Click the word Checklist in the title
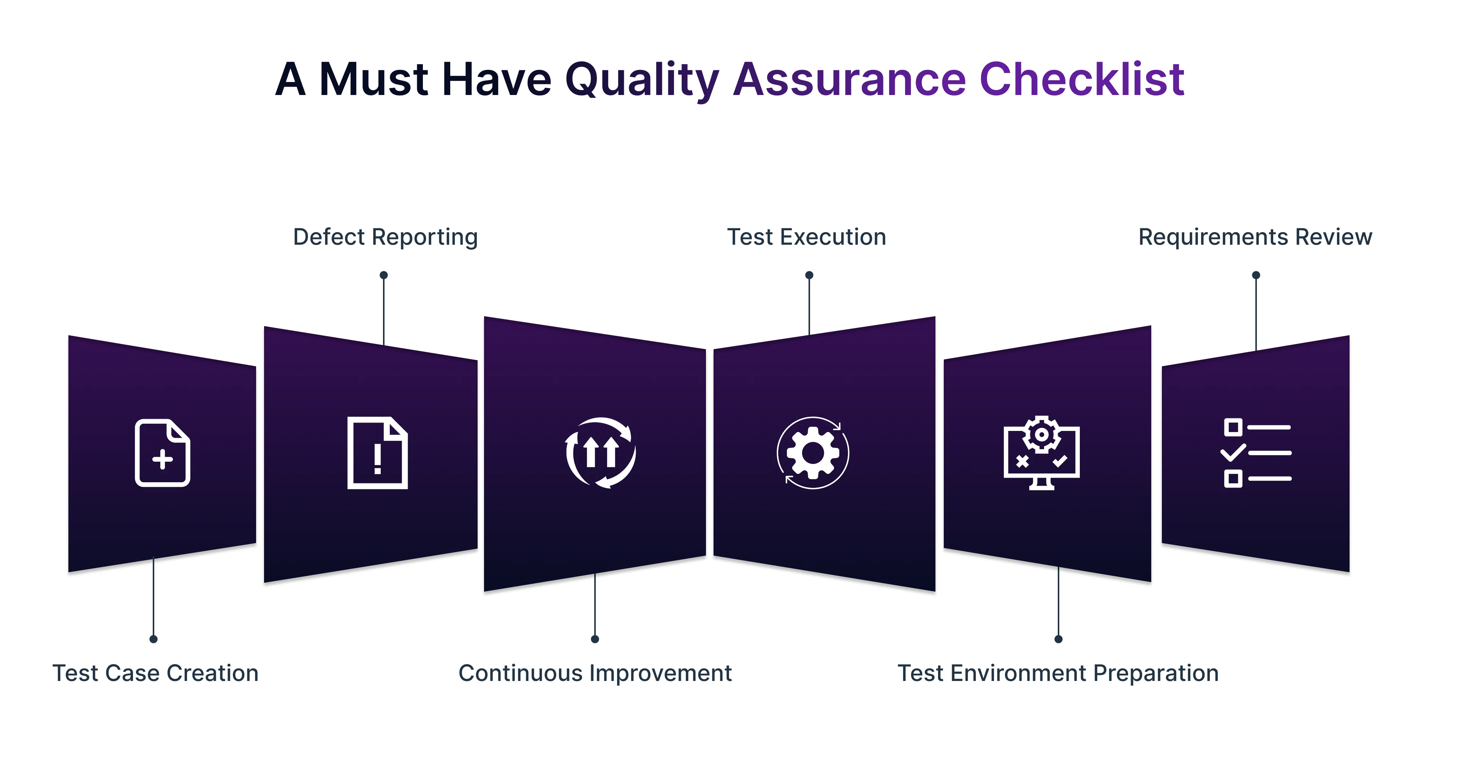point(1082,79)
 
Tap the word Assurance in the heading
point(850,79)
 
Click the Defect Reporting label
point(385,237)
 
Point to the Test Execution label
point(807,237)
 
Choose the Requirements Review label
point(1255,237)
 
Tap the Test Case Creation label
point(155,673)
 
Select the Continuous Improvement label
point(595,673)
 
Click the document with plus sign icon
point(163,453)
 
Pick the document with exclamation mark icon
point(377,453)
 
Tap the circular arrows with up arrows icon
point(600,453)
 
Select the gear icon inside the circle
point(813,453)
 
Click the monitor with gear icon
point(1041,453)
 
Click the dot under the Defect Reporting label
point(383,275)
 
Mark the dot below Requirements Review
point(1256,275)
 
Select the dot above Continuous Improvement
point(595,639)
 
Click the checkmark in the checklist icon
point(1233,453)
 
